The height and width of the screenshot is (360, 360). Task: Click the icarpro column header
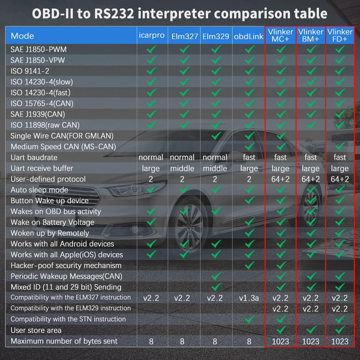coord(152,35)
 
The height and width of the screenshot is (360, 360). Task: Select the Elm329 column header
coord(216,36)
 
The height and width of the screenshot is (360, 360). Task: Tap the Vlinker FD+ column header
coord(340,35)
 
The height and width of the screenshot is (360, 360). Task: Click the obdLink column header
coord(249,36)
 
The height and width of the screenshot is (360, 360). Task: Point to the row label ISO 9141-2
coord(30,71)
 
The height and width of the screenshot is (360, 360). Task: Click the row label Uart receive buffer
coord(42,168)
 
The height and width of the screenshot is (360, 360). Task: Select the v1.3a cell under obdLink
coord(249,298)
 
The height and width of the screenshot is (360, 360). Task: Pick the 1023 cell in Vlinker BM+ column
coord(310,341)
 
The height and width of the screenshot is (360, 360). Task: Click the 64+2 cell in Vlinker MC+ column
coord(280,179)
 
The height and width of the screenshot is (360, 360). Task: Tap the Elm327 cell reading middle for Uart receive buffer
coord(182,168)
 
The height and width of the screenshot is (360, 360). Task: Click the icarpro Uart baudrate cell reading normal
coord(151,157)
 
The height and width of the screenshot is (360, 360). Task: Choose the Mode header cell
coord(22,36)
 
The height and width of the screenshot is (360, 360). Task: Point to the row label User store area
coord(36,330)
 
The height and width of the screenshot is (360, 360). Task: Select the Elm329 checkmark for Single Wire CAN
coord(216,136)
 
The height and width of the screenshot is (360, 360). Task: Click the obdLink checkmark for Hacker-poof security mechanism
coord(249,265)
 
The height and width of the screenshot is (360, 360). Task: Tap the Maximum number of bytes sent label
coord(64,341)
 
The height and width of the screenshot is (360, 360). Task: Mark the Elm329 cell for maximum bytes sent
coord(215,341)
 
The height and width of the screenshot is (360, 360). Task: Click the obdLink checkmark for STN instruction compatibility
coord(249,319)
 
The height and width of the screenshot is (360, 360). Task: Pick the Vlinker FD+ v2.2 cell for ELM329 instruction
coord(340,309)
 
